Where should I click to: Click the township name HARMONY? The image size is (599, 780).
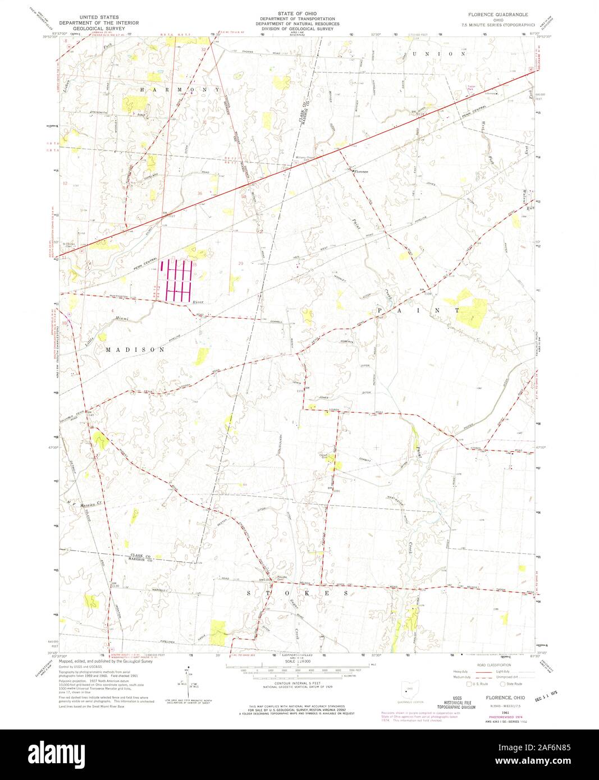(180, 90)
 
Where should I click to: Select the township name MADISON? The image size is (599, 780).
(135, 349)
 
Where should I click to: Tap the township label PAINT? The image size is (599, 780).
(418, 310)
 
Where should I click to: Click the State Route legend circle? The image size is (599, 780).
(503, 683)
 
